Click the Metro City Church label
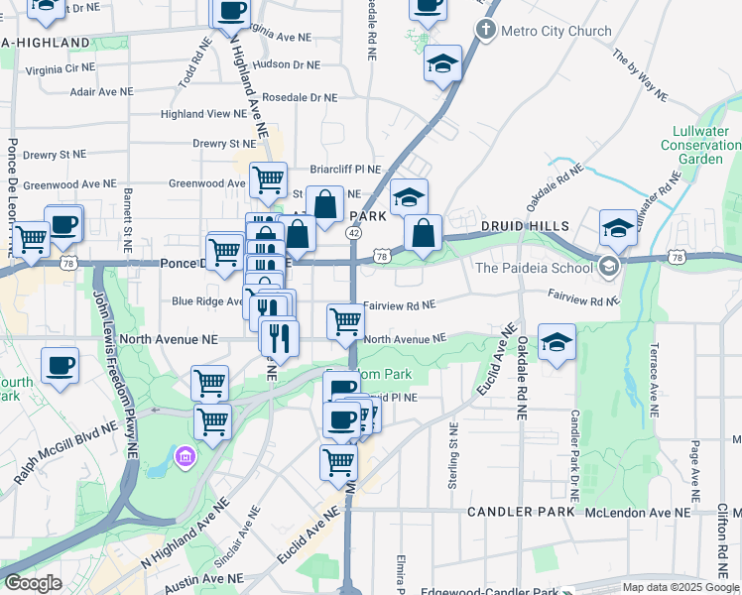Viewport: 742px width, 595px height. pos(556,31)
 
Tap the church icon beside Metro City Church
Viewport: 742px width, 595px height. pos(486,30)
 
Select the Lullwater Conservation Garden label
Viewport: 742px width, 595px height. pos(700,145)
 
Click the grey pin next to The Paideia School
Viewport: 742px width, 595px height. pos(610,266)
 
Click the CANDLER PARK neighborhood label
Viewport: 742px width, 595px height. pos(525,512)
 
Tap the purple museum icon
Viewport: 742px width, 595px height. pos(185,456)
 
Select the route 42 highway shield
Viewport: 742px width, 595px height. pos(353,232)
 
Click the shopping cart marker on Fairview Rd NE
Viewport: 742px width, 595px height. pos(345,319)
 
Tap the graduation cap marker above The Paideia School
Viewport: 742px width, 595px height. pos(617,227)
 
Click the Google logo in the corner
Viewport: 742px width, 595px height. pos(34,583)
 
